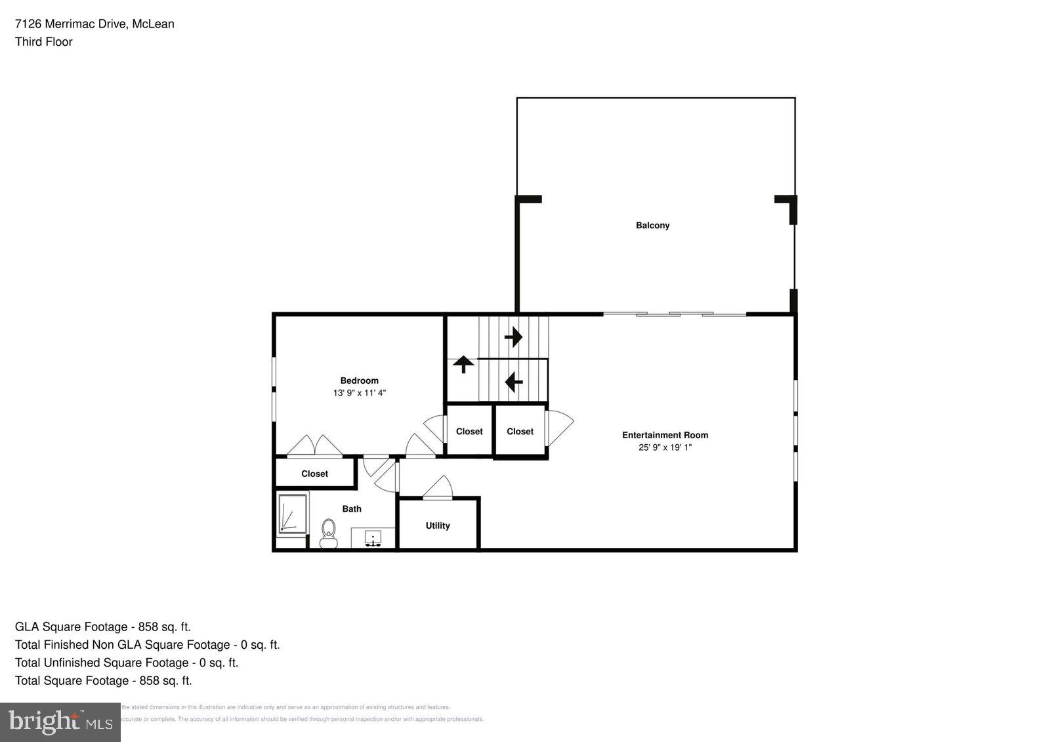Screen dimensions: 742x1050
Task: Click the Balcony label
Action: pos(652,225)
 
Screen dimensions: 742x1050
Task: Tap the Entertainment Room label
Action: pos(665,435)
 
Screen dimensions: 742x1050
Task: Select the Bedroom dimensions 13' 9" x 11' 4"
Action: pos(359,393)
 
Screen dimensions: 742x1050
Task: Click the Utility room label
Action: pos(438,526)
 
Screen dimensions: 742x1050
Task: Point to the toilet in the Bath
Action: pos(327,532)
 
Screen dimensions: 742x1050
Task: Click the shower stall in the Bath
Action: pos(292,514)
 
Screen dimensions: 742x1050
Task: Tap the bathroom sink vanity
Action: pos(373,537)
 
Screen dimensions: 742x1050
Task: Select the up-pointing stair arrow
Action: pos(463,364)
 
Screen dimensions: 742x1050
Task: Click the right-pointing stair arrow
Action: pos(513,337)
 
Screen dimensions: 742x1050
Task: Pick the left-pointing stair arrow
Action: pos(513,381)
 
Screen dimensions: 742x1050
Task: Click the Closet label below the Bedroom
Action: pos(314,474)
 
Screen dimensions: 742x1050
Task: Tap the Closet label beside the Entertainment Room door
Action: pos(520,431)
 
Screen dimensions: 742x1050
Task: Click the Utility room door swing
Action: pos(438,487)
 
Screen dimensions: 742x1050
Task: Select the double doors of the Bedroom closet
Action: pos(315,445)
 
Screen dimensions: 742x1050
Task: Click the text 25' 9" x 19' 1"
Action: pos(665,447)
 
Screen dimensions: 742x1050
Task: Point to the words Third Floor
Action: pos(44,42)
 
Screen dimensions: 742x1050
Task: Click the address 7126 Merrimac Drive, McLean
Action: pos(94,24)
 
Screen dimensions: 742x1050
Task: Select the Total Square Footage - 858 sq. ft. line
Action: pos(104,680)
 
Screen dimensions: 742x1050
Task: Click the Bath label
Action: pos(352,508)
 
